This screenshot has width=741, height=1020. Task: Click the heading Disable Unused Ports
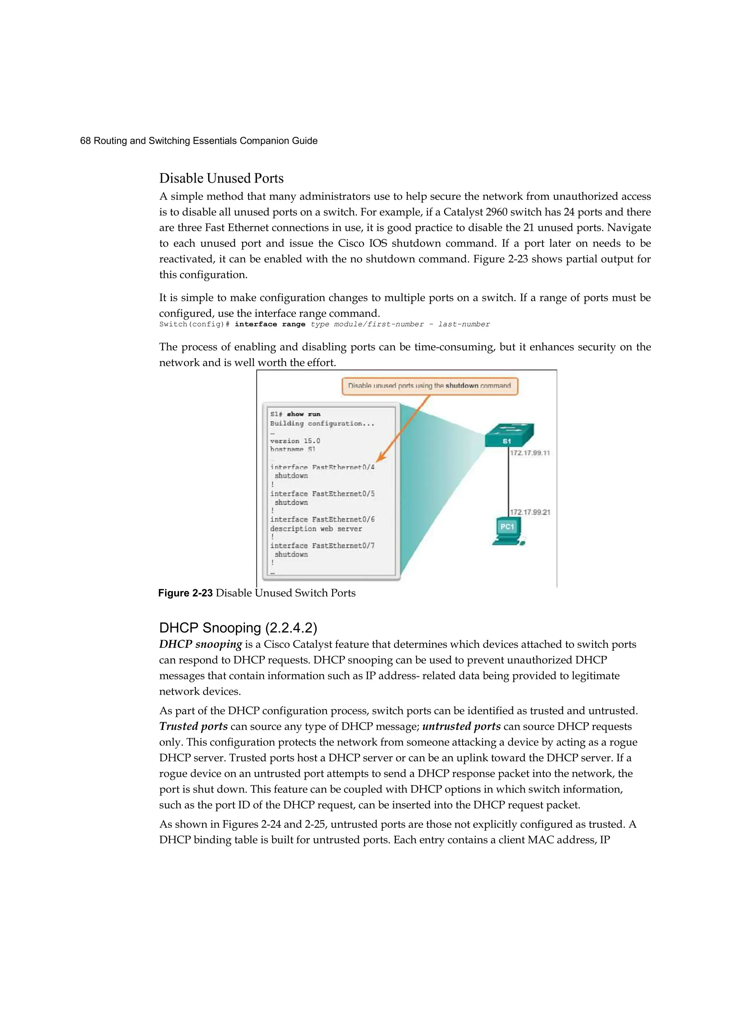pyautogui.click(x=221, y=178)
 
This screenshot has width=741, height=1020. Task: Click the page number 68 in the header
pyautogui.click(x=85, y=141)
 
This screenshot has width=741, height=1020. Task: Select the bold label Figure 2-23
pyautogui.click(x=185, y=593)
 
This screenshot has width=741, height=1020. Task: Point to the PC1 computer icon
pyautogui.click(x=508, y=533)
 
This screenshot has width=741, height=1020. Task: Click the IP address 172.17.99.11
pyautogui.click(x=530, y=453)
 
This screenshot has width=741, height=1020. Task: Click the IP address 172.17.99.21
pyautogui.click(x=530, y=512)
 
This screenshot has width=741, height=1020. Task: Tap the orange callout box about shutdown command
pyautogui.click(x=429, y=386)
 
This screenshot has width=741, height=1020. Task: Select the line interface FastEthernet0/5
pyautogui.click(x=322, y=494)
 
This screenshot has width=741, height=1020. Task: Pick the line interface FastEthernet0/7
pyautogui.click(x=322, y=545)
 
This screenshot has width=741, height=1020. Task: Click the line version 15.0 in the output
pyautogui.click(x=295, y=441)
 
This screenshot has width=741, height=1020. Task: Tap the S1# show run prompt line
pyautogui.click(x=295, y=414)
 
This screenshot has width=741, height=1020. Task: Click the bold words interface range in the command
pyautogui.click(x=270, y=324)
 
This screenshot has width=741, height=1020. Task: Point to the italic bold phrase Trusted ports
pyautogui.click(x=193, y=726)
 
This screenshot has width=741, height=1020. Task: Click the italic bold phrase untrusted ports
pyautogui.click(x=461, y=726)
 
